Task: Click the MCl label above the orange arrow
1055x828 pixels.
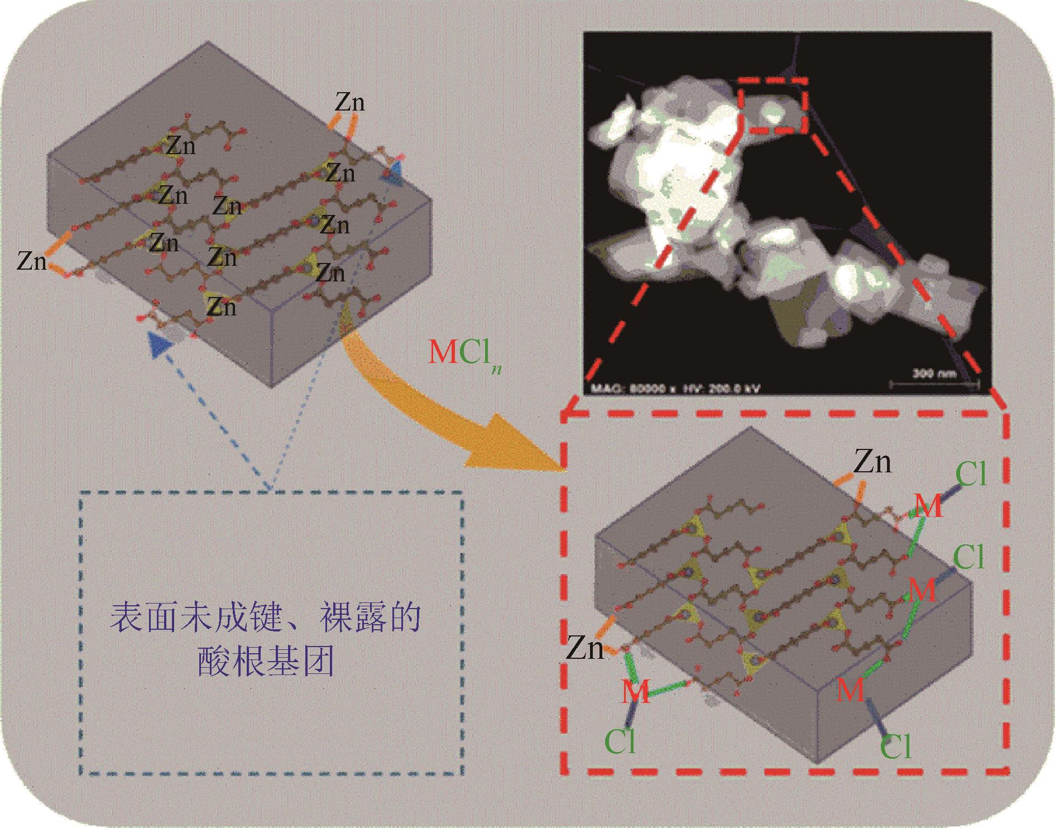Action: click(x=463, y=353)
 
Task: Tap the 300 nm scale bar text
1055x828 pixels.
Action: click(x=934, y=374)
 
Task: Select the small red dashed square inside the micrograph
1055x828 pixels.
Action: click(x=773, y=106)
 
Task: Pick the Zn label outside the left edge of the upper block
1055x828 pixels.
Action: click(x=32, y=260)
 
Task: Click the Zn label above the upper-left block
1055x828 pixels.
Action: click(x=349, y=103)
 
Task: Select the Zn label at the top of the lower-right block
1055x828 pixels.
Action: click(x=872, y=462)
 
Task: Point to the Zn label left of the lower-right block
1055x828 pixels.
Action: click(x=585, y=649)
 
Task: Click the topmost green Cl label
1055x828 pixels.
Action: click(x=971, y=474)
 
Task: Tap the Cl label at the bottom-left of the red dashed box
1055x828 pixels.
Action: click(x=620, y=741)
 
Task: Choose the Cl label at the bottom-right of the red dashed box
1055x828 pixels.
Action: click(x=896, y=746)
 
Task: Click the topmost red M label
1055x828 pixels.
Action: click(x=928, y=506)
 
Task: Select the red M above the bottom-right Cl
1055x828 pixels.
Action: click(x=851, y=690)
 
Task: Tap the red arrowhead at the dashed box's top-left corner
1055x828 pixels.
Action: click(x=568, y=415)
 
